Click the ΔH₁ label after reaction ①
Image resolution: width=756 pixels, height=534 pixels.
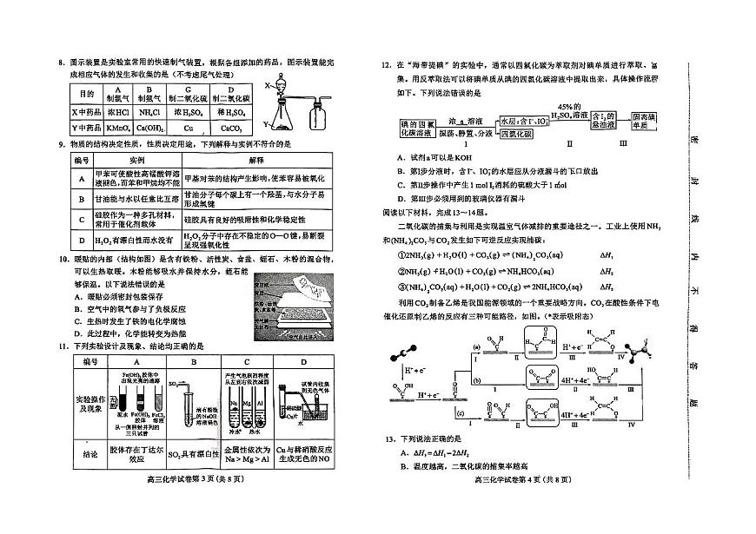point(606,256)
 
